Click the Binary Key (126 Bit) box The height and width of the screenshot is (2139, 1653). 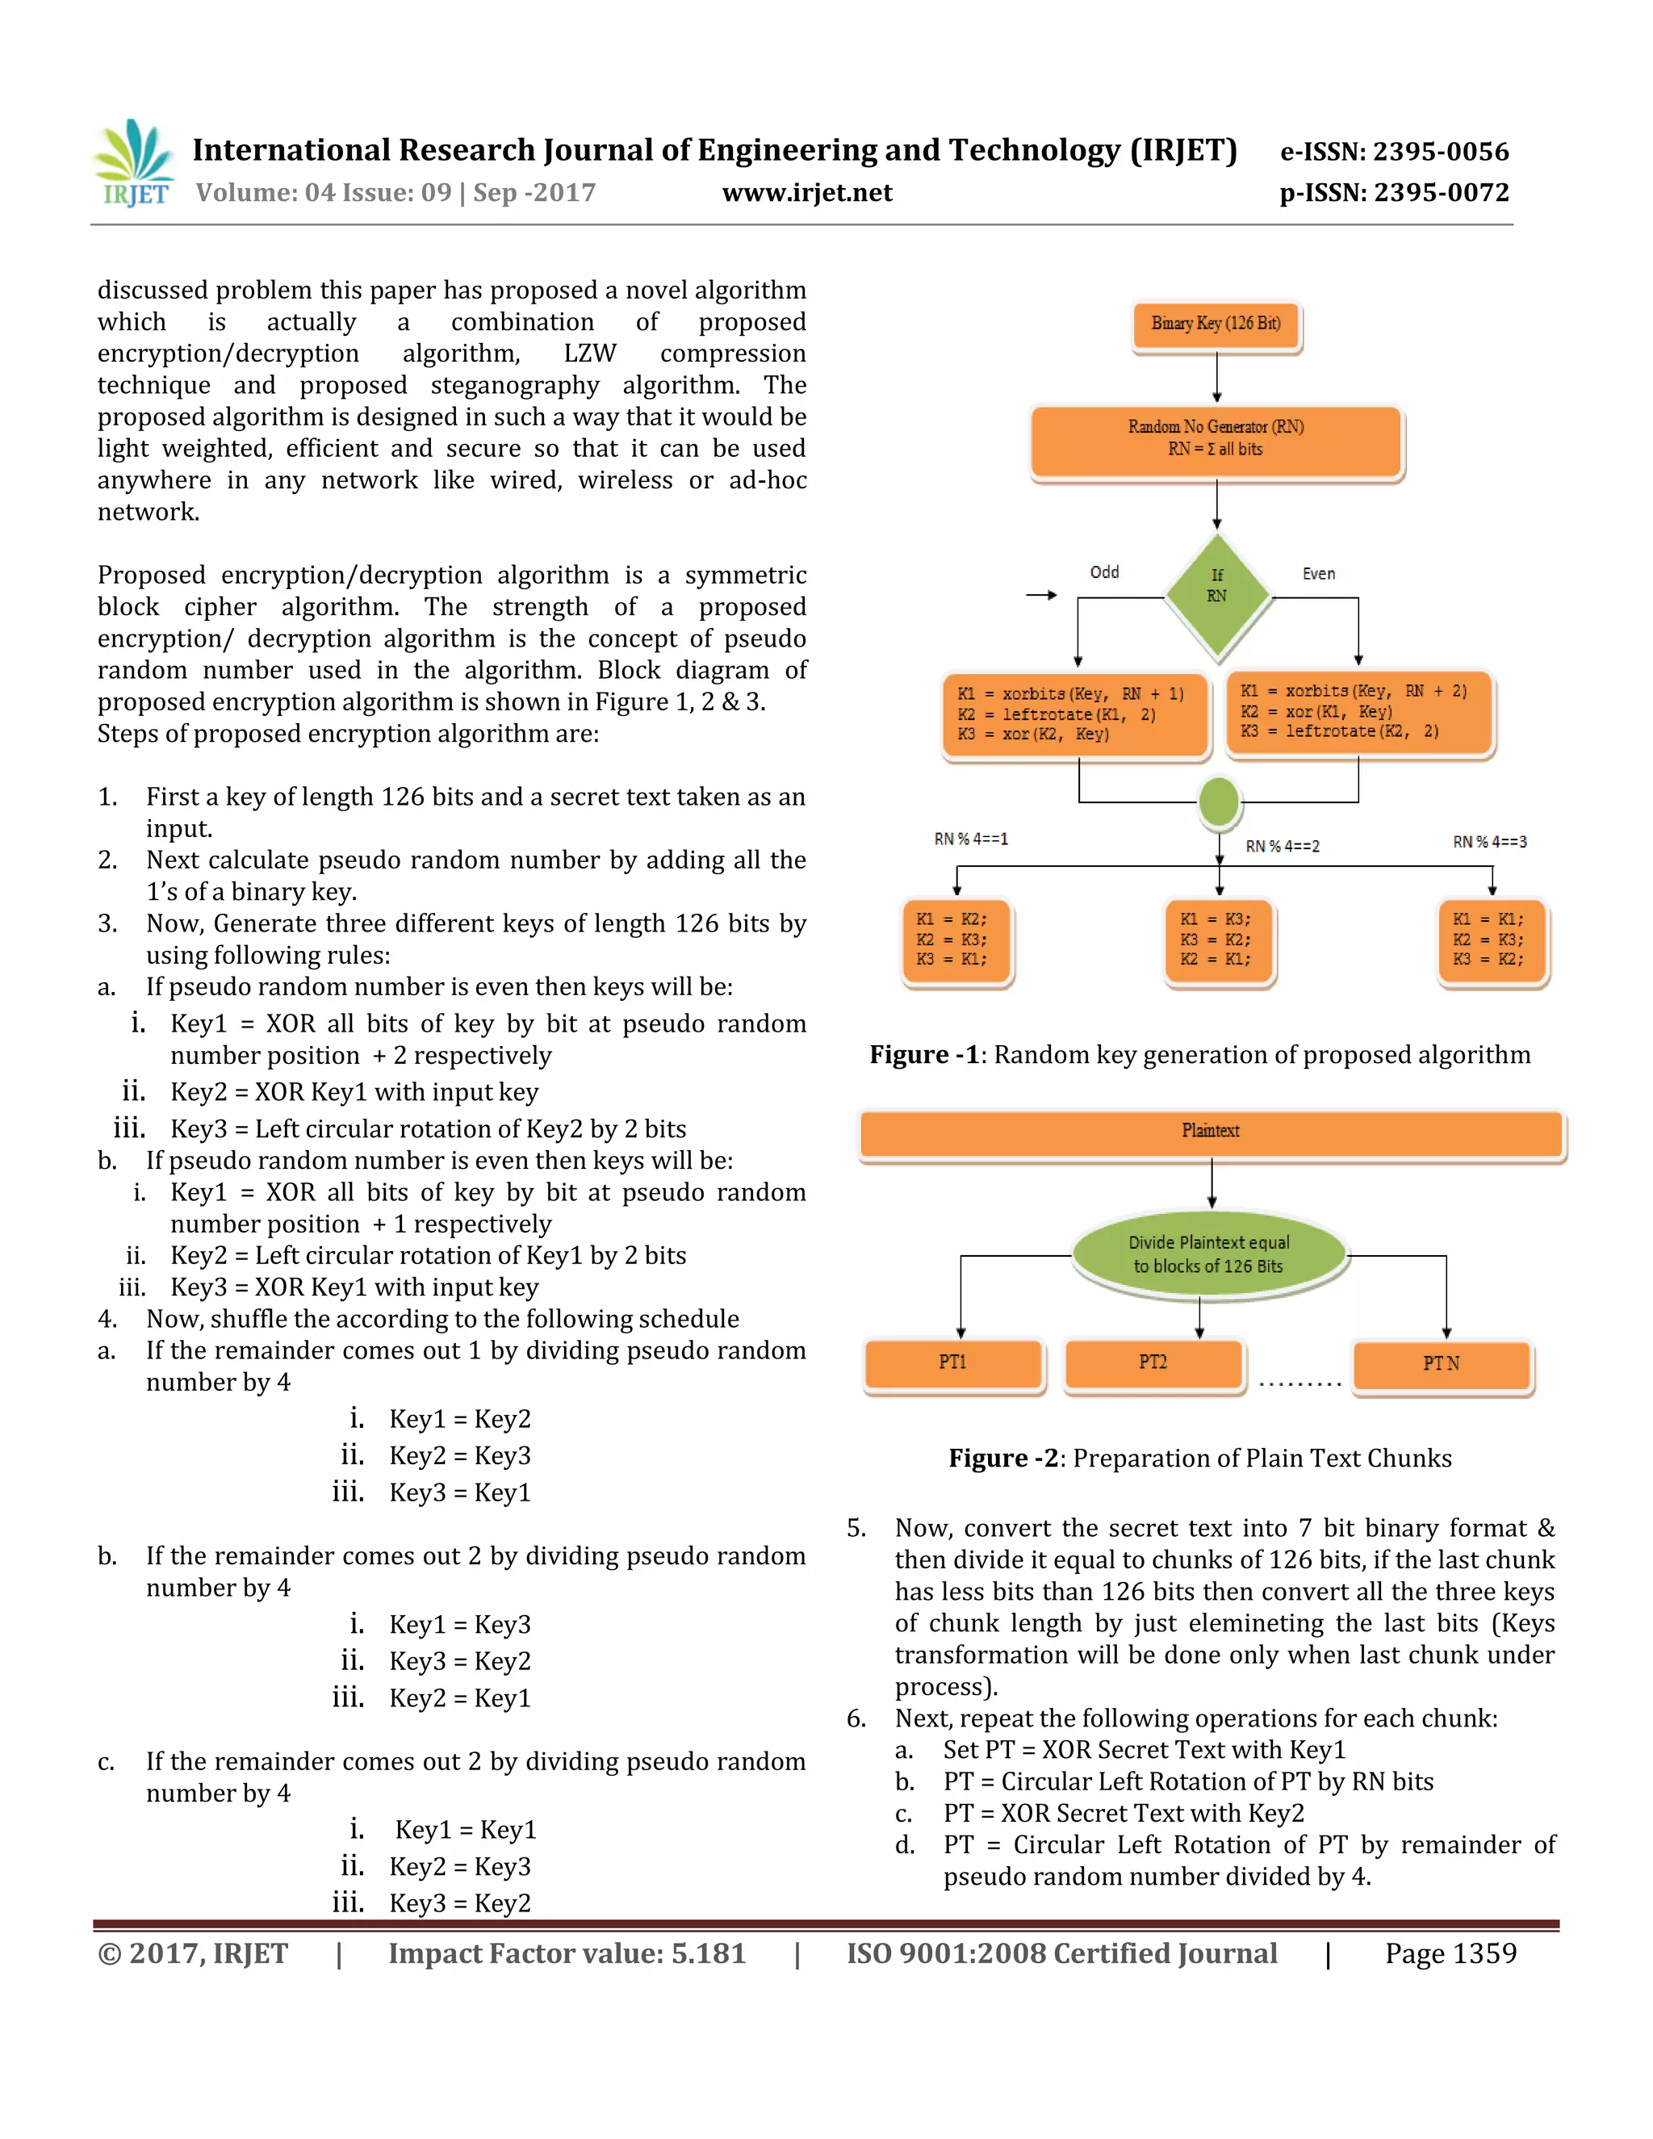click(x=1216, y=324)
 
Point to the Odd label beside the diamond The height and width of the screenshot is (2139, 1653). click(x=1105, y=572)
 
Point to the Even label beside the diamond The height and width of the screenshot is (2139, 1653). click(x=1318, y=574)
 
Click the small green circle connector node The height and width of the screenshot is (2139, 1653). click(x=1220, y=802)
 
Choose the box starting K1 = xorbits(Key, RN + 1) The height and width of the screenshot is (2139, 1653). click(x=1075, y=715)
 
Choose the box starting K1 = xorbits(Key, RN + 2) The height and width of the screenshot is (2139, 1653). click(x=1359, y=712)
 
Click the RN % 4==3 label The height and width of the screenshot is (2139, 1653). click(x=1489, y=842)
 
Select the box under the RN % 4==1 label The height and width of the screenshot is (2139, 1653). click(x=955, y=940)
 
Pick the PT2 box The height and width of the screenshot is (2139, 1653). click(x=1153, y=1363)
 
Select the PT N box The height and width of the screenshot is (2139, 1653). click(x=1441, y=1364)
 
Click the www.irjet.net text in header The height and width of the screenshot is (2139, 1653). click(x=807, y=193)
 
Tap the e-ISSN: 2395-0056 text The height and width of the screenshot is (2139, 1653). click(x=1395, y=152)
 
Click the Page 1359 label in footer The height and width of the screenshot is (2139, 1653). click(x=1450, y=1954)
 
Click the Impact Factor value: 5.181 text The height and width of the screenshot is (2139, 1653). click(x=567, y=1954)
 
